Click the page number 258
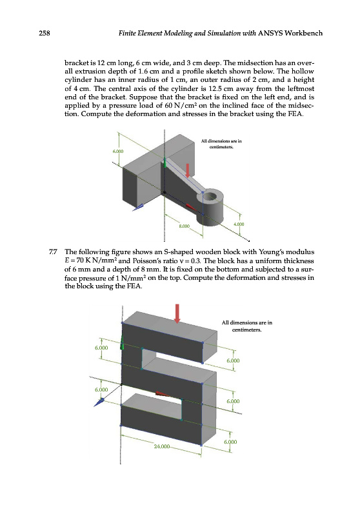pyautogui.click(x=44, y=33)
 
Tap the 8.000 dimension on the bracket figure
pyautogui.click(x=185, y=226)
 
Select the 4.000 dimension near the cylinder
pyautogui.click(x=239, y=224)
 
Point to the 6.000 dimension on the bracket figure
pyautogui.click(x=118, y=152)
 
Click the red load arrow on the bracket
pyautogui.click(x=188, y=170)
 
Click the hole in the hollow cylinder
pyautogui.click(x=211, y=197)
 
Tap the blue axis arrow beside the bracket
pyautogui.click(x=138, y=207)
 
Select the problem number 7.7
pyautogui.click(x=53, y=252)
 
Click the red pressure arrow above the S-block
pyautogui.click(x=177, y=313)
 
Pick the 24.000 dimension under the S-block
pyautogui.click(x=161, y=446)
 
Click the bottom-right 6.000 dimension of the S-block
pyautogui.click(x=230, y=442)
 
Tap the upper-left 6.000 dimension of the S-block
pyautogui.click(x=101, y=348)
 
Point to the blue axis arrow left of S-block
pyautogui.click(x=99, y=402)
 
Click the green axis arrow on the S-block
pyautogui.click(x=122, y=343)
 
